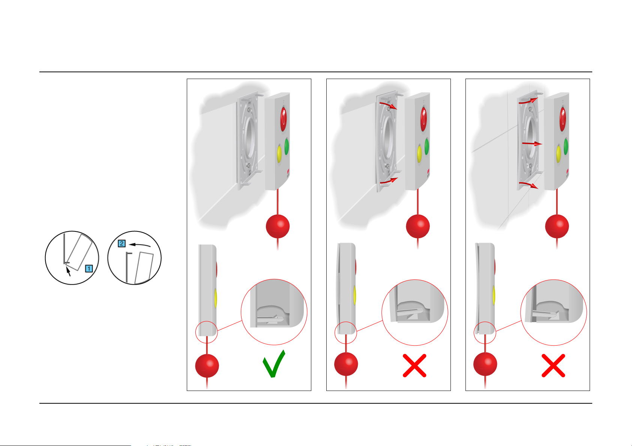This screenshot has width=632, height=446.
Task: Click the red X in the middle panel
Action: pyautogui.click(x=414, y=365)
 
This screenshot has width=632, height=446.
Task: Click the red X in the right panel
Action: pyautogui.click(x=553, y=365)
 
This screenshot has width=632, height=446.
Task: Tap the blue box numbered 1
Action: pyautogui.click(x=89, y=268)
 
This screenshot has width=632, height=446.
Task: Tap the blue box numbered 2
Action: pyautogui.click(x=122, y=243)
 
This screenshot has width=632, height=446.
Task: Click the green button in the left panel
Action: pyautogui.click(x=287, y=146)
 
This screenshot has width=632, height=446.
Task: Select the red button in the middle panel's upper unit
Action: pyautogui.click(x=423, y=119)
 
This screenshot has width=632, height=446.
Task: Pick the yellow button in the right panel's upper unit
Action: pyautogui.click(x=558, y=154)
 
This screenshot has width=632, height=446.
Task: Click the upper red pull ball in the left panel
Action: pyautogui.click(x=278, y=226)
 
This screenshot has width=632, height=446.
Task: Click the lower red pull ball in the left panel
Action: pyautogui.click(x=207, y=366)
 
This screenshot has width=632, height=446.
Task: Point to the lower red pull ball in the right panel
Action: pyautogui.click(x=485, y=364)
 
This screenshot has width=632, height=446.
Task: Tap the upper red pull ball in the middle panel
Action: pyautogui.click(x=417, y=226)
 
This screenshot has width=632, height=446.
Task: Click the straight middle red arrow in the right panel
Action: pyautogui.click(x=532, y=144)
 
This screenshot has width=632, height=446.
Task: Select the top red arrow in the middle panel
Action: pyautogui.click(x=389, y=105)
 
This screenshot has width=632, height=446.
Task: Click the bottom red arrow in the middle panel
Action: pyautogui.click(x=389, y=181)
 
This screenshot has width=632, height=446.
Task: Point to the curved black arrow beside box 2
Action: pyautogui.click(x=140, y=245)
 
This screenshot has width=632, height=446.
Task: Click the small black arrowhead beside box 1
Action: pyautogui.click(x=68, y=271)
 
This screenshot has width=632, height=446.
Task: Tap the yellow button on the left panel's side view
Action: pyautogui.click(x=215, y=298)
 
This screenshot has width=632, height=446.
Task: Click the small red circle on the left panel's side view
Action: pyautogui.click(x=207, y=332)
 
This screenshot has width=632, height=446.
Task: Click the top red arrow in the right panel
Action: pyautogui.click(x=528, y=101)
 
